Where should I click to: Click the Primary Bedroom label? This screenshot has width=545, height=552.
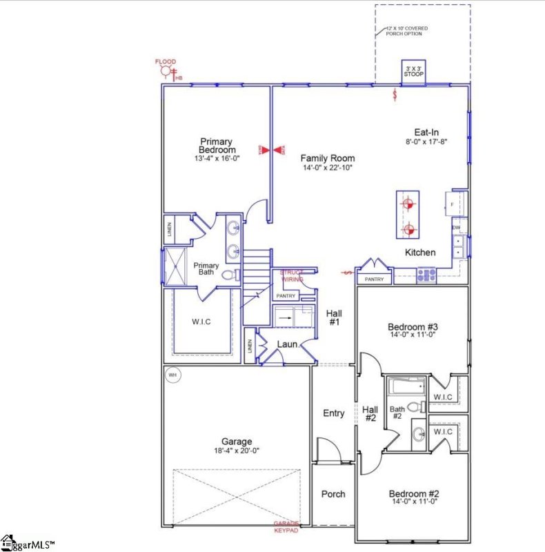pyautogui.click(x=217, y=146)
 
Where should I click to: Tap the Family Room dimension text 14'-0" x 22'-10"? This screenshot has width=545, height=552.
pyautogui.click(x=327, y=168)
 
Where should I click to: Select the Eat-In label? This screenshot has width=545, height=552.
pyautogui.click(x=426, y=132)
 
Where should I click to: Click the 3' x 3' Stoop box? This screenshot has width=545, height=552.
pyautogui.click(x=414, y=71)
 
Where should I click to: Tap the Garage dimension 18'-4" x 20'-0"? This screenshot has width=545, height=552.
pyautogui.click(x=237, y=451)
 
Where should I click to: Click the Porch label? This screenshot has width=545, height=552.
pyautogui.click(x=333, y=494)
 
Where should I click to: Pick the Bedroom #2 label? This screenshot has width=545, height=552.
pyautogui.click(x=414, y=493)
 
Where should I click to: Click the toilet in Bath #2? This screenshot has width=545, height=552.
pyautogui.click(x=415, y=407)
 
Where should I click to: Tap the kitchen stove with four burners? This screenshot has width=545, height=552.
pyautogui.click(x=426, y=275)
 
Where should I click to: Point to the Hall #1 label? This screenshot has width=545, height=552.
pyautogui.click(x=333, y=317)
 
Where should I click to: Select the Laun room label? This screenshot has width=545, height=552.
pyautogui.click(x=287, y=344)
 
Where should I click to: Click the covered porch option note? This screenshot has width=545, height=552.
pyautogui.click(x=408, y=30)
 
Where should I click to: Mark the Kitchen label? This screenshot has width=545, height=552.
pyautogui.click(x=419, y=253)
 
